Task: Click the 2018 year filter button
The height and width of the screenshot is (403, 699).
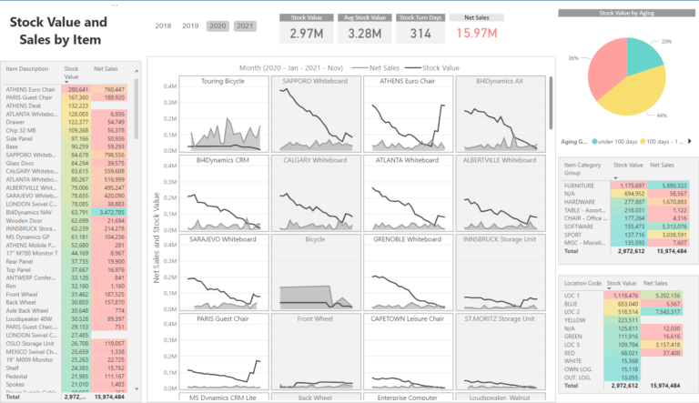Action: pyautogui.click(x=165, y=26)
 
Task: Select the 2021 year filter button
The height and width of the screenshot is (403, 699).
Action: pyautogui.click(x=244, y=26)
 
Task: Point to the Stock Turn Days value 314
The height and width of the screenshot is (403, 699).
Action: pyautogui.click(x=420, y=34)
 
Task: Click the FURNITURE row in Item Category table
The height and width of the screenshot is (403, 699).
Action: pyautogui.click(x=582, y=185)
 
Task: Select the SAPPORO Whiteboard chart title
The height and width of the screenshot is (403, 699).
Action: pyautogui.click(x=315, y=81)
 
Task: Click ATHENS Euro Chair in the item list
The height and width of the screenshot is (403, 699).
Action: pyautogui.click(x=32, y=90)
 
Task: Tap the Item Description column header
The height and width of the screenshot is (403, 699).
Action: pyautogui.click(x=27, y=68)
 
